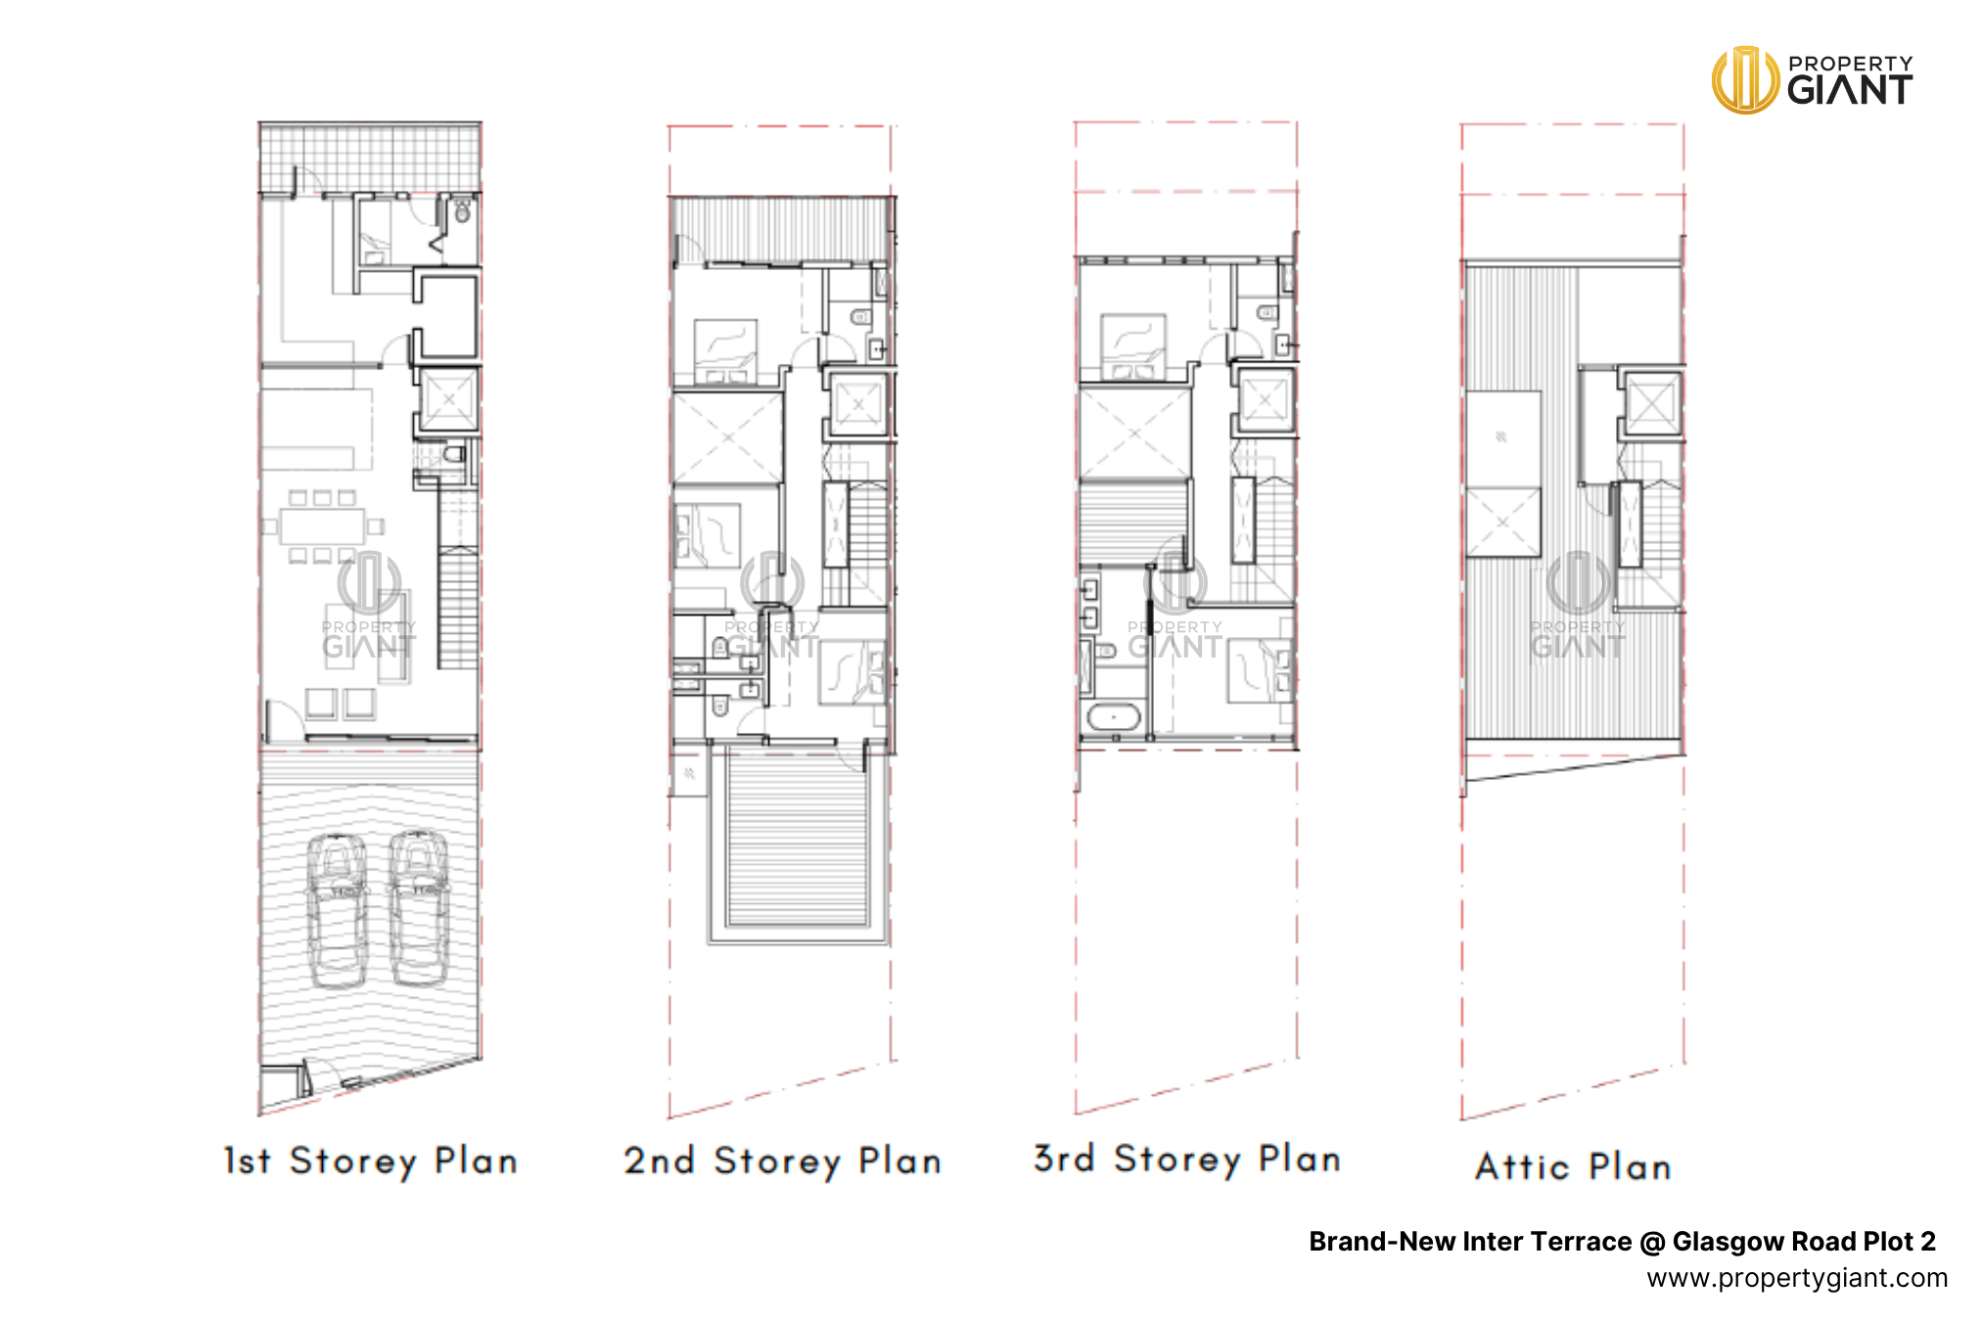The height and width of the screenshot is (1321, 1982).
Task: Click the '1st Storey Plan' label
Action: tap(370, 1162)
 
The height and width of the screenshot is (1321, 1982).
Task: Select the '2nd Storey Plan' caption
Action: tap(783, 1162)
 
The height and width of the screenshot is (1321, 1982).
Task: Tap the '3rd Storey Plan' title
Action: tap(1187, 1160)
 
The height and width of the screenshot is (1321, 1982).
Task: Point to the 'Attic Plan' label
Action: tap(1573, 1166)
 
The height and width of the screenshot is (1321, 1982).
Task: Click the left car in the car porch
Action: tap(337, 910)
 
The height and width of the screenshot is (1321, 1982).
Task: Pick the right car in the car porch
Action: tap(419, 907)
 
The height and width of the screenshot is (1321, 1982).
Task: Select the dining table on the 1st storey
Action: tap(322, 526)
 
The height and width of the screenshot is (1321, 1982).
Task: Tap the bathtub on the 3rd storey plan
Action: tap(1114, 717)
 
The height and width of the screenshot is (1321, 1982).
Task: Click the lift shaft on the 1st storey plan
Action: tap(449, 400)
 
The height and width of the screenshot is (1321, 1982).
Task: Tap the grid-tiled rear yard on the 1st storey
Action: tap(370, 158)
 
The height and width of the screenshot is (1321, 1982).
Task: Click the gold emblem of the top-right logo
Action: tap(1745, 80)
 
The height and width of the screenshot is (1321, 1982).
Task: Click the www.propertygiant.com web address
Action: tap(1797, 1278)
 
